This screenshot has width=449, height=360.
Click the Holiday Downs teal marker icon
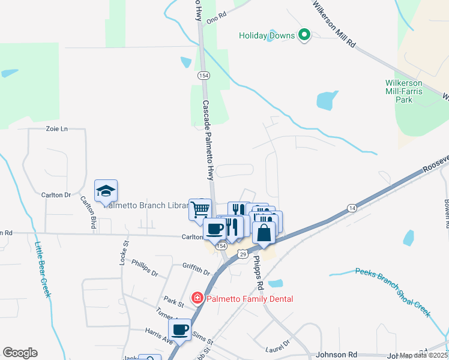click(304, 35)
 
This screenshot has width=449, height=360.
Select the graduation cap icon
click(106, 191)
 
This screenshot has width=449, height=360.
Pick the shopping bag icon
click(264, 232)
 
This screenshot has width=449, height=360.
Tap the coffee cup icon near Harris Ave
click(180, 329)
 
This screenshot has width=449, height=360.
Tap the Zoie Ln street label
click(57, 129)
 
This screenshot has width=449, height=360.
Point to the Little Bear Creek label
click(43, 269)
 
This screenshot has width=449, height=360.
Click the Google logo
click(20, 353)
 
